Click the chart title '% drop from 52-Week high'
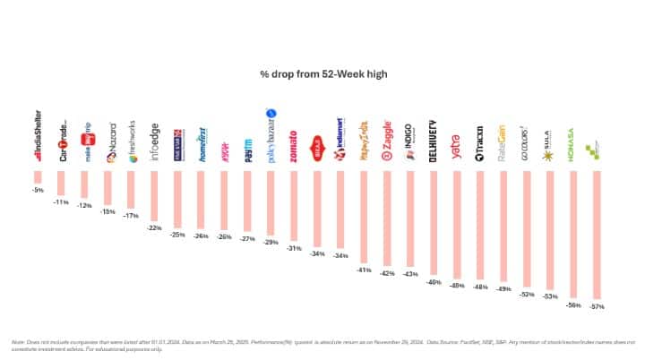pyautogui.click(x=322, y=74)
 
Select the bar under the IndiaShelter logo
pyautogui.click(x=38, y=179)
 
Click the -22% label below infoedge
pyautogui.click(x=154, y=228)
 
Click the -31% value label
pyautogui.click(x=294, y=247)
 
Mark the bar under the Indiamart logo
pyautogui.click(x=340, y=211)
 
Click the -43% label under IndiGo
pyautogui.click(x=410, y=273)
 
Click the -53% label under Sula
pyautogui.click(x=550, y=296)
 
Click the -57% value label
pyautogui.click(x=597, y=306)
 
